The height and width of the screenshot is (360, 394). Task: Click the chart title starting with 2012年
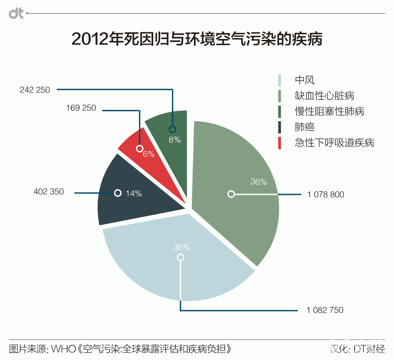[197, 39]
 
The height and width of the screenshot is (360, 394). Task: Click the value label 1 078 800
[326, 194]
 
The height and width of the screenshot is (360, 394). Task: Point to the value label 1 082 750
[325, 310]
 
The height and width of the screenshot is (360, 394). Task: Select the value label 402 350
[49, 191]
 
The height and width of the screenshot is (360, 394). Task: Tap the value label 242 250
[35, 90]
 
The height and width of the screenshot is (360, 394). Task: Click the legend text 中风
[305, 80]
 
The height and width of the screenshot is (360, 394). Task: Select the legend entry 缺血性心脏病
[324, 96]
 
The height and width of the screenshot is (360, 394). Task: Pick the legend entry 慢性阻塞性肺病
[329, 111]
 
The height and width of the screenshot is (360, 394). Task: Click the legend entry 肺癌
[305, 127]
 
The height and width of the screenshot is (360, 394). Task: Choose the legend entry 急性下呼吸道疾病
[334, 143]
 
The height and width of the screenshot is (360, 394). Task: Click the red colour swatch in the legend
[280, 143]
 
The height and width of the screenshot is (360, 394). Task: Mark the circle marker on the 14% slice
[117, 193]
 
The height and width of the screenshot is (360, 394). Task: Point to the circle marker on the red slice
[140, 148]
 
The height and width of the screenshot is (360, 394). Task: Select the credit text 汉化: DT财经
[357, 349]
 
